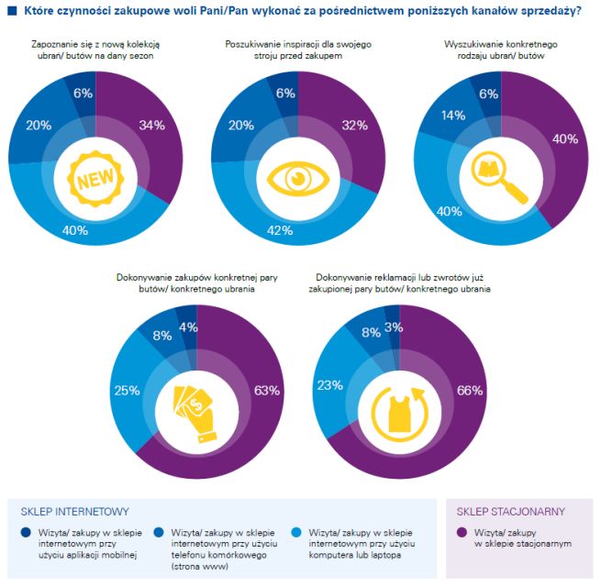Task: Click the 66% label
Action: [x=469, y=391]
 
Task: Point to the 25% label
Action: [x=127, y=391]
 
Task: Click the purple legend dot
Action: [x=462, y=532]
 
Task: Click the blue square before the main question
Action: [x=11, y=11]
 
